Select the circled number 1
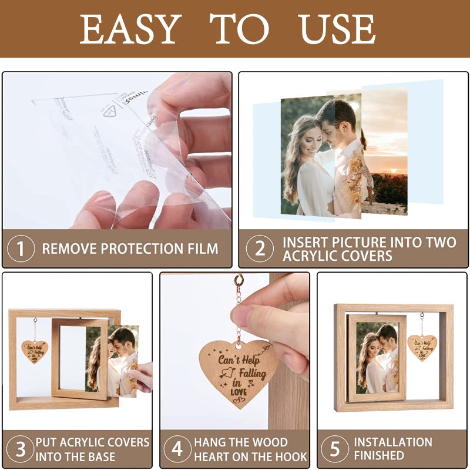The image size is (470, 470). click(21, 249)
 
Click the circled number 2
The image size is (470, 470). click(260, 249)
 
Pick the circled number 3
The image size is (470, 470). click(21, 449)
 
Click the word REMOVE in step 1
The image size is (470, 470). click(69, 249)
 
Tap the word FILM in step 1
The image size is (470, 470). click(203, 249)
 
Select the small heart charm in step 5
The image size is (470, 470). click(422, 347)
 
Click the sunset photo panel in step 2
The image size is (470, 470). click(385, 153)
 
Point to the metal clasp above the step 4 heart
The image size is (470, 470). click(239, 283)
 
